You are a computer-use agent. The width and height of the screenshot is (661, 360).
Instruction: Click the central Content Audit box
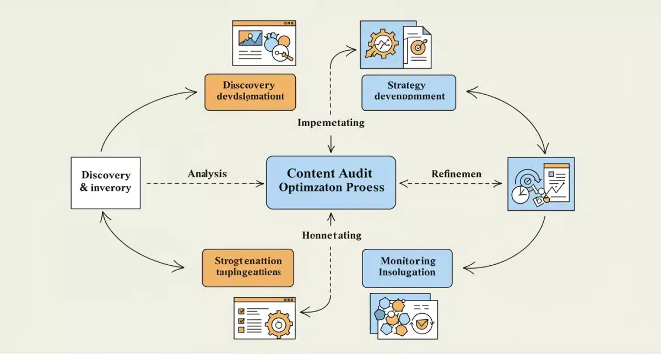[330, 182]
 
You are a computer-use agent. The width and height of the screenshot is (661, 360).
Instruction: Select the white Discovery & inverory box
[106, 183]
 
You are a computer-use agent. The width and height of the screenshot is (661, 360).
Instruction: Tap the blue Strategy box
[408, 92]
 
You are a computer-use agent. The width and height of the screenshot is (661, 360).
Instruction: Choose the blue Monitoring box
[407, 268]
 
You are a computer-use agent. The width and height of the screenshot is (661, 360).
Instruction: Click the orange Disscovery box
[250, 92]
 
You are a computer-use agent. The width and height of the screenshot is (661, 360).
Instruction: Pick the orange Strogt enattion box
[248, 268]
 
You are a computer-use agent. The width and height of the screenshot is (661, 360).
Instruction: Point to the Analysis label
[207, 174]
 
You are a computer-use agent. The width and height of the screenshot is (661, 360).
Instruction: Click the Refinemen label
[456, 174]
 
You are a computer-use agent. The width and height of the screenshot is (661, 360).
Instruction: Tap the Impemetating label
[330, 123]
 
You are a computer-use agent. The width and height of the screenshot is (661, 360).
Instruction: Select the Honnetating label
[332, 236]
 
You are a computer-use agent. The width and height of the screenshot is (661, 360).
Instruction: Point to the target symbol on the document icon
[418, 48]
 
